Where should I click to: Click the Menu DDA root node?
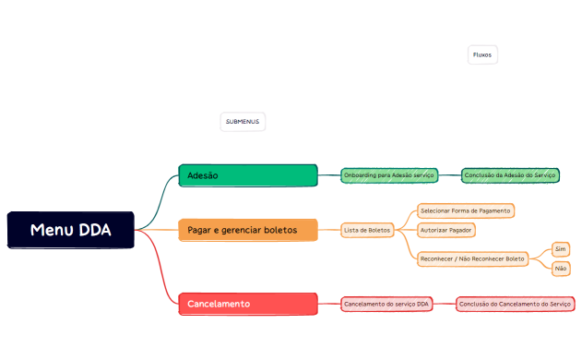pos(70,230)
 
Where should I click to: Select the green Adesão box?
pos(247,175)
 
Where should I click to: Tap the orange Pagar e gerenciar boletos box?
pos(247,230)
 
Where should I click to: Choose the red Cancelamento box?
pos(247,304)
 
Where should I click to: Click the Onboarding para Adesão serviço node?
pos(388,174)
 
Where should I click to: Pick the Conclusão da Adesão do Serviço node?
pos(510,174)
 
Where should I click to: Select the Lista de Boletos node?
pos(367,229)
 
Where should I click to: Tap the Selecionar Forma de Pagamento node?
pos(465,210)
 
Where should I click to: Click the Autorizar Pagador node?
pos(446,229)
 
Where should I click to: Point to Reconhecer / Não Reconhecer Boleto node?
pos(472,258)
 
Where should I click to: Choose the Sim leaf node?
pos(561,249)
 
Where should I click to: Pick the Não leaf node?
pos(561,268)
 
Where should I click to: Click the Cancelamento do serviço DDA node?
pos(386,304)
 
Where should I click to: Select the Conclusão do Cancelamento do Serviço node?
pos(516,304)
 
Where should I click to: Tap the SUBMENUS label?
pos(243,122)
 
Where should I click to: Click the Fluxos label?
pos(482,55)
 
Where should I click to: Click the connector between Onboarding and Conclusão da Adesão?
pos(448,174)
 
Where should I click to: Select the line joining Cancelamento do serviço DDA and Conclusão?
pos(445,304)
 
